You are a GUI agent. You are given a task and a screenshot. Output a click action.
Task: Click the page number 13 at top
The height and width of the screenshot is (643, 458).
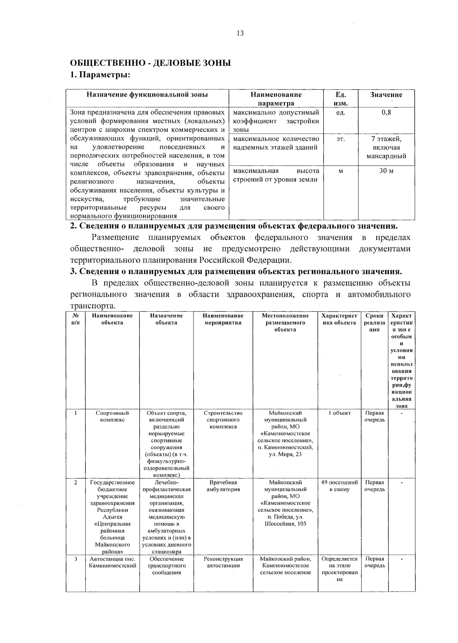[240, 33]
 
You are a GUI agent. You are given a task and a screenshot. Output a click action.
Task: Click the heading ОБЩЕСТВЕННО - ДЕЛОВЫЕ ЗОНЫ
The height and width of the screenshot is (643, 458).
[150, 63]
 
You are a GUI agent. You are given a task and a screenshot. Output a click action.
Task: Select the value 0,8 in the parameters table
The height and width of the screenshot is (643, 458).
[386, 113]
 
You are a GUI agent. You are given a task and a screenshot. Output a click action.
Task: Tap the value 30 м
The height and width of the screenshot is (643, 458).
[386, 171]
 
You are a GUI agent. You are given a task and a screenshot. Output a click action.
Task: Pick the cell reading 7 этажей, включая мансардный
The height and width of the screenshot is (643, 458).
[386, 147]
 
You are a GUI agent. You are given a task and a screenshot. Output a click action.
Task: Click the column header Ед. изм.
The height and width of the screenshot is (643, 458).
[340, 99]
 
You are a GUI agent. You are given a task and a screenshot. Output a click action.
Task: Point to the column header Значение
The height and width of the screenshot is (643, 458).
[386, 95]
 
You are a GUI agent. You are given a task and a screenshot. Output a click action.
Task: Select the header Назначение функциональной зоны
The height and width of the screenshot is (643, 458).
[147, 95]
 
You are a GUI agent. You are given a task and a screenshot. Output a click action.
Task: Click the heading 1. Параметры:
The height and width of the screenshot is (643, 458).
[100, 75]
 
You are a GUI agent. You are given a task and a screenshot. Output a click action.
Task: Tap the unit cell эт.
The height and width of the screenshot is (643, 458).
[340, 139]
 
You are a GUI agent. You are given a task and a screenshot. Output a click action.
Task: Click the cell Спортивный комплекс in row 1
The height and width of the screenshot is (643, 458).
[112, 416]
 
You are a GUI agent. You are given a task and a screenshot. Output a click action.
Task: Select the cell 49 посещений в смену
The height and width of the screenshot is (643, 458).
[339, 486]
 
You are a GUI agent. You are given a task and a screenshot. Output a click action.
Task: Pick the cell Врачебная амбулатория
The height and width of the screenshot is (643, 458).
[223, 486]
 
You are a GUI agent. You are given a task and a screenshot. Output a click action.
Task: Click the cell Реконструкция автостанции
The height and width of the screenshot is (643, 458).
[223, 562]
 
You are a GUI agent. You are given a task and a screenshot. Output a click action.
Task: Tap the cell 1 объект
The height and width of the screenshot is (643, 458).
[339, 413]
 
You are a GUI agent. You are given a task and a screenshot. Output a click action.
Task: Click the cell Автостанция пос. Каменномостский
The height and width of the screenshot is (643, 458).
[112, 562]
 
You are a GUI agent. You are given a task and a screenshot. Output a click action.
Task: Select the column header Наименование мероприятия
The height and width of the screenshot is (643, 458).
[223, 319]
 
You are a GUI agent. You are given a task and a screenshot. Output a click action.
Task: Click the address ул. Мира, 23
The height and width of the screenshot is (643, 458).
[285, 454]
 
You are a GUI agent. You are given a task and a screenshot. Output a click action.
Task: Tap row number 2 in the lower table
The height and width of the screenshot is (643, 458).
[76, 482]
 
